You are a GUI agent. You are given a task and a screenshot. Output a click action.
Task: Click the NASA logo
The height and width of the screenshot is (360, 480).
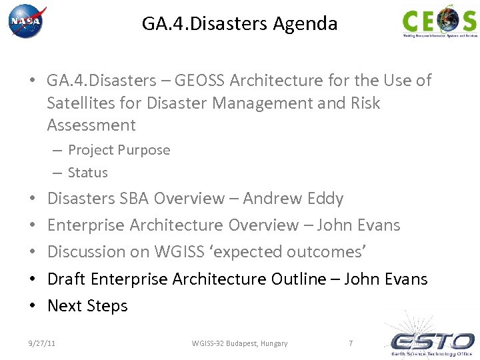click(x=27, y=22)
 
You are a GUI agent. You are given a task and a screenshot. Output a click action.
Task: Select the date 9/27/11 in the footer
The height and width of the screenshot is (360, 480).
click(x=41, y=343)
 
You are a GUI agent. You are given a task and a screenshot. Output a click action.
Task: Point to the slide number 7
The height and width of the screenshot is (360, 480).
click(x=351, y=343)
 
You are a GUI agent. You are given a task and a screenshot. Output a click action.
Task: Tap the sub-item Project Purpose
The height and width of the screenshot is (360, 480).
click(x=119, y=150)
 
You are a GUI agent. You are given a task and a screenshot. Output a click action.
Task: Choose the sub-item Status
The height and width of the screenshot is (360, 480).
click(x=87, y=172)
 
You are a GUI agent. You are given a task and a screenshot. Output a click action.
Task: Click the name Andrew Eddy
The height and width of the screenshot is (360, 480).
click(x=293, y=199)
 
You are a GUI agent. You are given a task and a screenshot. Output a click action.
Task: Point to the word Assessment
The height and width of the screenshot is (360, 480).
click(x=91, y=125)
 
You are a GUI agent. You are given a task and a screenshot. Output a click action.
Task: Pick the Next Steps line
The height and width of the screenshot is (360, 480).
click(x=87, y=306)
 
